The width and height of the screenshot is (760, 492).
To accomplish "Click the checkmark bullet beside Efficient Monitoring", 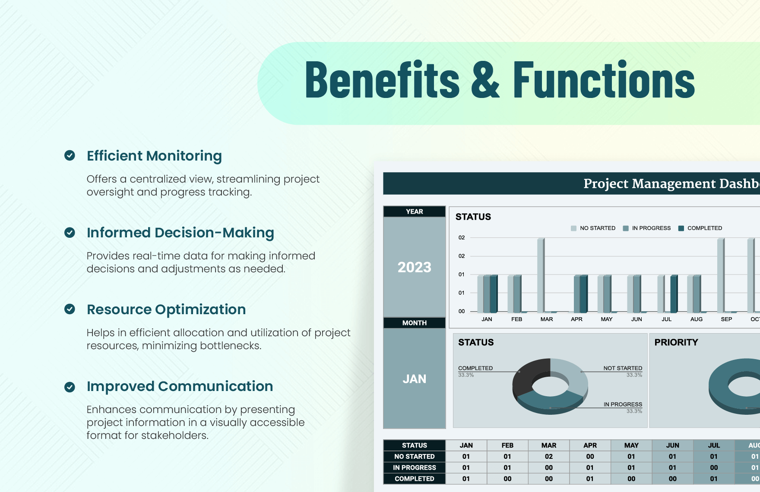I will (70, 155).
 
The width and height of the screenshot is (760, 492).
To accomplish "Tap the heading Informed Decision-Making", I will (180, 233).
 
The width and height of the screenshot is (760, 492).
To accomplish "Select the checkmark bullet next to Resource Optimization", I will (70, 309).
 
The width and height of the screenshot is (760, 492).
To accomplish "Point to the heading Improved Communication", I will (180, 386).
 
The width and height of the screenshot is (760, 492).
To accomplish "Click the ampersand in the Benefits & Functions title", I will (485, 80).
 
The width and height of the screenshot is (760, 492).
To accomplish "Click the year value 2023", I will (414, 267).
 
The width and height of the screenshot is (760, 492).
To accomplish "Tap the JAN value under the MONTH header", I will (414, 378).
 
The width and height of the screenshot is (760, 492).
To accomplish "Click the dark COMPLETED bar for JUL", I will (674, 293).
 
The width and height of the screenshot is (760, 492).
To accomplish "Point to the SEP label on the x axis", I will (726, 319).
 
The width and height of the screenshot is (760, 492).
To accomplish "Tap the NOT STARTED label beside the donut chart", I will (623, 368).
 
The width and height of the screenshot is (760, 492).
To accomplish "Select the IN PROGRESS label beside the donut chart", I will (623, 404).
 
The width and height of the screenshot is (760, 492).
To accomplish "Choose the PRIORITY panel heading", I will (676, 342).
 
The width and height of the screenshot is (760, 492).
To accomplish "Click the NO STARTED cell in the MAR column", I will (548, 457).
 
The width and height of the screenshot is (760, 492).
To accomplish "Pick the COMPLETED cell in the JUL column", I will (713, 479).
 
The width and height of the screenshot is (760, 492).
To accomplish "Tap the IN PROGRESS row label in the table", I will (414, 468).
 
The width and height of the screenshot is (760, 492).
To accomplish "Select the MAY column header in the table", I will (631, 445).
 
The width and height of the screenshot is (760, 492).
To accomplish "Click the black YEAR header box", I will (414, 211).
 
